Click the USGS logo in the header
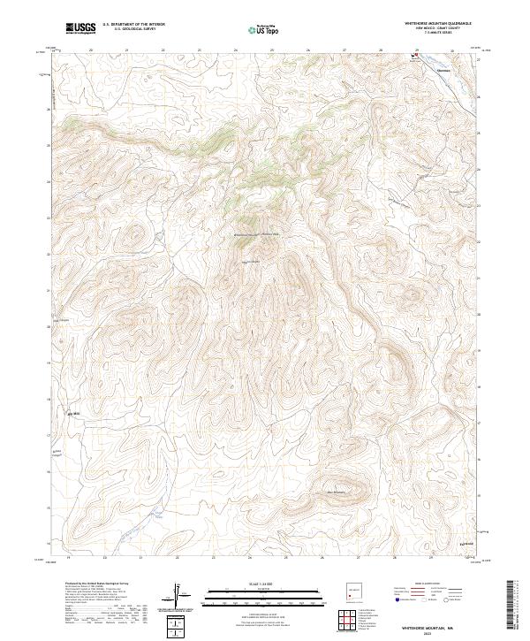[80, 29]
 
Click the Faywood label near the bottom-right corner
[467, 542]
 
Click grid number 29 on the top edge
[416, 50]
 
